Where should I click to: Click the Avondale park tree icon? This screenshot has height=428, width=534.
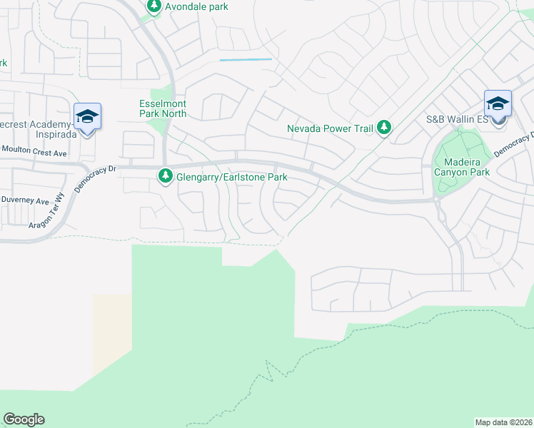154,6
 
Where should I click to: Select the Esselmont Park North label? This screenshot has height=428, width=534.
163,108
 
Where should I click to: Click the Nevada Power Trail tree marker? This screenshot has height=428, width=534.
385,128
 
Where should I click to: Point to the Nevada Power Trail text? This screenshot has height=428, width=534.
331,129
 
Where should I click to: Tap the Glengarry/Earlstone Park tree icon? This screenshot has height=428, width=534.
166,175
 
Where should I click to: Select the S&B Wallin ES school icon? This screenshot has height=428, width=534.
497,104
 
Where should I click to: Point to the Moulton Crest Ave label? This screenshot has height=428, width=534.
34,152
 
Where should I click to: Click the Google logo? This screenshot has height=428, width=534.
24,419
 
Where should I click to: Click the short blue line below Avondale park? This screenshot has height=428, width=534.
246,60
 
